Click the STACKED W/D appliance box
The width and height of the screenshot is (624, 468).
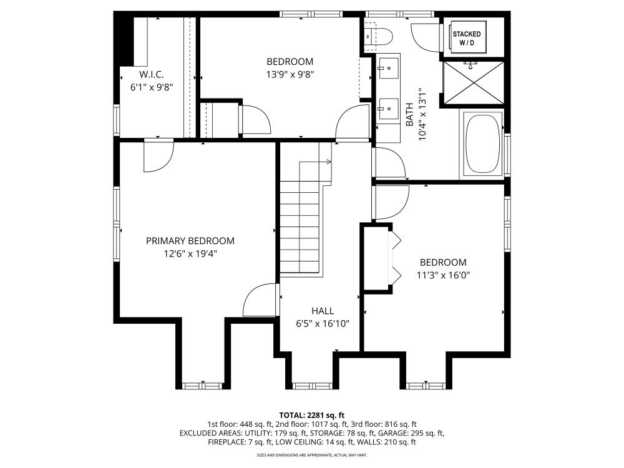point(467,38)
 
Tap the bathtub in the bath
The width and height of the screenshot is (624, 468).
point(483,143)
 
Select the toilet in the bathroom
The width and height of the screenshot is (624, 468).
point(379,36)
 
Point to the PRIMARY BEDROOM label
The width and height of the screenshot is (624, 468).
point(190,241)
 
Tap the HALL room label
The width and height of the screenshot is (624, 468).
point(323,311)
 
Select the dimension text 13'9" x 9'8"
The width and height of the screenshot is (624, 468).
point(290,74)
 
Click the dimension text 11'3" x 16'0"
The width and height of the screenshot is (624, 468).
point(442,275)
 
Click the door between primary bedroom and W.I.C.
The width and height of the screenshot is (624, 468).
point(157,155)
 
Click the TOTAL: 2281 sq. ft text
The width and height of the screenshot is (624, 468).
point(311,415)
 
